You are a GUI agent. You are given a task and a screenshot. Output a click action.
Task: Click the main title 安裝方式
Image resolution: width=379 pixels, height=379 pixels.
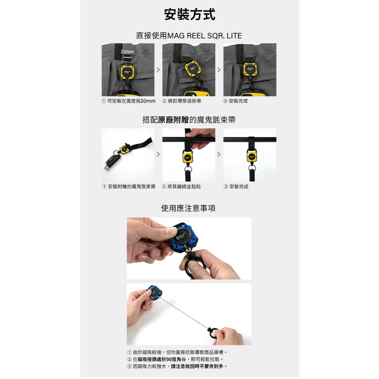coord(189,14)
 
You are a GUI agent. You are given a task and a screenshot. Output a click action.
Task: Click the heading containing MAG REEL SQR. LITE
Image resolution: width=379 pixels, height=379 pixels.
coord(189,36)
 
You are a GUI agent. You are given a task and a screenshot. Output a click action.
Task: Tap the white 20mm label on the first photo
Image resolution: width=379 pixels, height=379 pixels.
coord(127,52)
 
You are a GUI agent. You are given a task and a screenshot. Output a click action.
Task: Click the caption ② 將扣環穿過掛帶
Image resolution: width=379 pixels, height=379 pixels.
coord(181,101)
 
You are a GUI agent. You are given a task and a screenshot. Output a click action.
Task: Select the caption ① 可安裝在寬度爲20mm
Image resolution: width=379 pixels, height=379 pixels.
coord(128,101)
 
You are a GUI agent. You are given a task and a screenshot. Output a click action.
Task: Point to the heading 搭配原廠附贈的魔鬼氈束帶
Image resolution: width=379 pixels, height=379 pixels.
coord(189,120)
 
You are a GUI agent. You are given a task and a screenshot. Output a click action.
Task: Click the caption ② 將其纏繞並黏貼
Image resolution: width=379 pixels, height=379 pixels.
coord(181,187)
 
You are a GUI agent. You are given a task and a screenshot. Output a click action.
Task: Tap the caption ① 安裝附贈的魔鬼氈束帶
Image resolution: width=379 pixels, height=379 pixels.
coord(128,187)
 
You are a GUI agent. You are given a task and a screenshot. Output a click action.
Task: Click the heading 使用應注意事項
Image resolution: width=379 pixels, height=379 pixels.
coord(188,208)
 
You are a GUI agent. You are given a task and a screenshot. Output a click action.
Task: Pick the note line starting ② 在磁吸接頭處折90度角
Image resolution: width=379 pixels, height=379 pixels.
coord(175,359)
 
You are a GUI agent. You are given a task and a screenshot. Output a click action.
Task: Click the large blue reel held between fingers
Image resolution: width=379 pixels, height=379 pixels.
coord(183,238)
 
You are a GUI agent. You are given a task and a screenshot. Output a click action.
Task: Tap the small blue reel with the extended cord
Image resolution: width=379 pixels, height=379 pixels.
coord(155,293)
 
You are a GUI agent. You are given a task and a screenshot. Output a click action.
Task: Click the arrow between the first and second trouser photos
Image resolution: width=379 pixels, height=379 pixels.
coord(158,70)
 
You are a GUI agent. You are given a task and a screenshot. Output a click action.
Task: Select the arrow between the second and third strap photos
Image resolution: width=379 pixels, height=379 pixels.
coord(219,154)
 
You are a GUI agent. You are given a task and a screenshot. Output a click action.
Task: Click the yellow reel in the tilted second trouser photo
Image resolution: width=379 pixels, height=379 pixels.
coord(192,68)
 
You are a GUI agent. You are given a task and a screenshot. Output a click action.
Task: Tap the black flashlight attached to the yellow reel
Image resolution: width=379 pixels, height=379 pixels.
coord(113,161)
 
